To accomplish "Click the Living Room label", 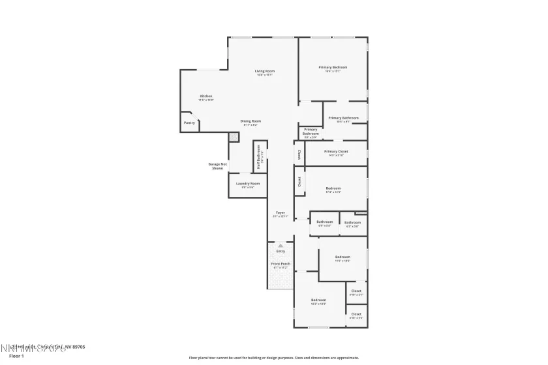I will (264, 71).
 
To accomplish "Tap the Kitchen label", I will (205, 96).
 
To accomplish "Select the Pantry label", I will (189, 123).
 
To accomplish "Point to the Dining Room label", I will (251, 121).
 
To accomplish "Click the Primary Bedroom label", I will (333, 67).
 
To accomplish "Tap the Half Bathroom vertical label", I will (259, 157).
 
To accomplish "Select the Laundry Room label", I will (248, 184).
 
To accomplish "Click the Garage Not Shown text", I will (217, 166).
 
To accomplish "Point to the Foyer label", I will (280, 212).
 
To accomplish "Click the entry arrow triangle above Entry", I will (281, 246).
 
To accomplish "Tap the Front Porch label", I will (281, 264).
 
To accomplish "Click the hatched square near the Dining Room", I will (234, 137).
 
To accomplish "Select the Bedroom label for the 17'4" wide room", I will (333, 188).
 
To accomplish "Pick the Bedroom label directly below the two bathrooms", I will (342, 257).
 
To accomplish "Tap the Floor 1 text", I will (16, 356).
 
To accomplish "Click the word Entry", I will (281, 251).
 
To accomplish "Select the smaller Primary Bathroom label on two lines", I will (311, 131).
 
